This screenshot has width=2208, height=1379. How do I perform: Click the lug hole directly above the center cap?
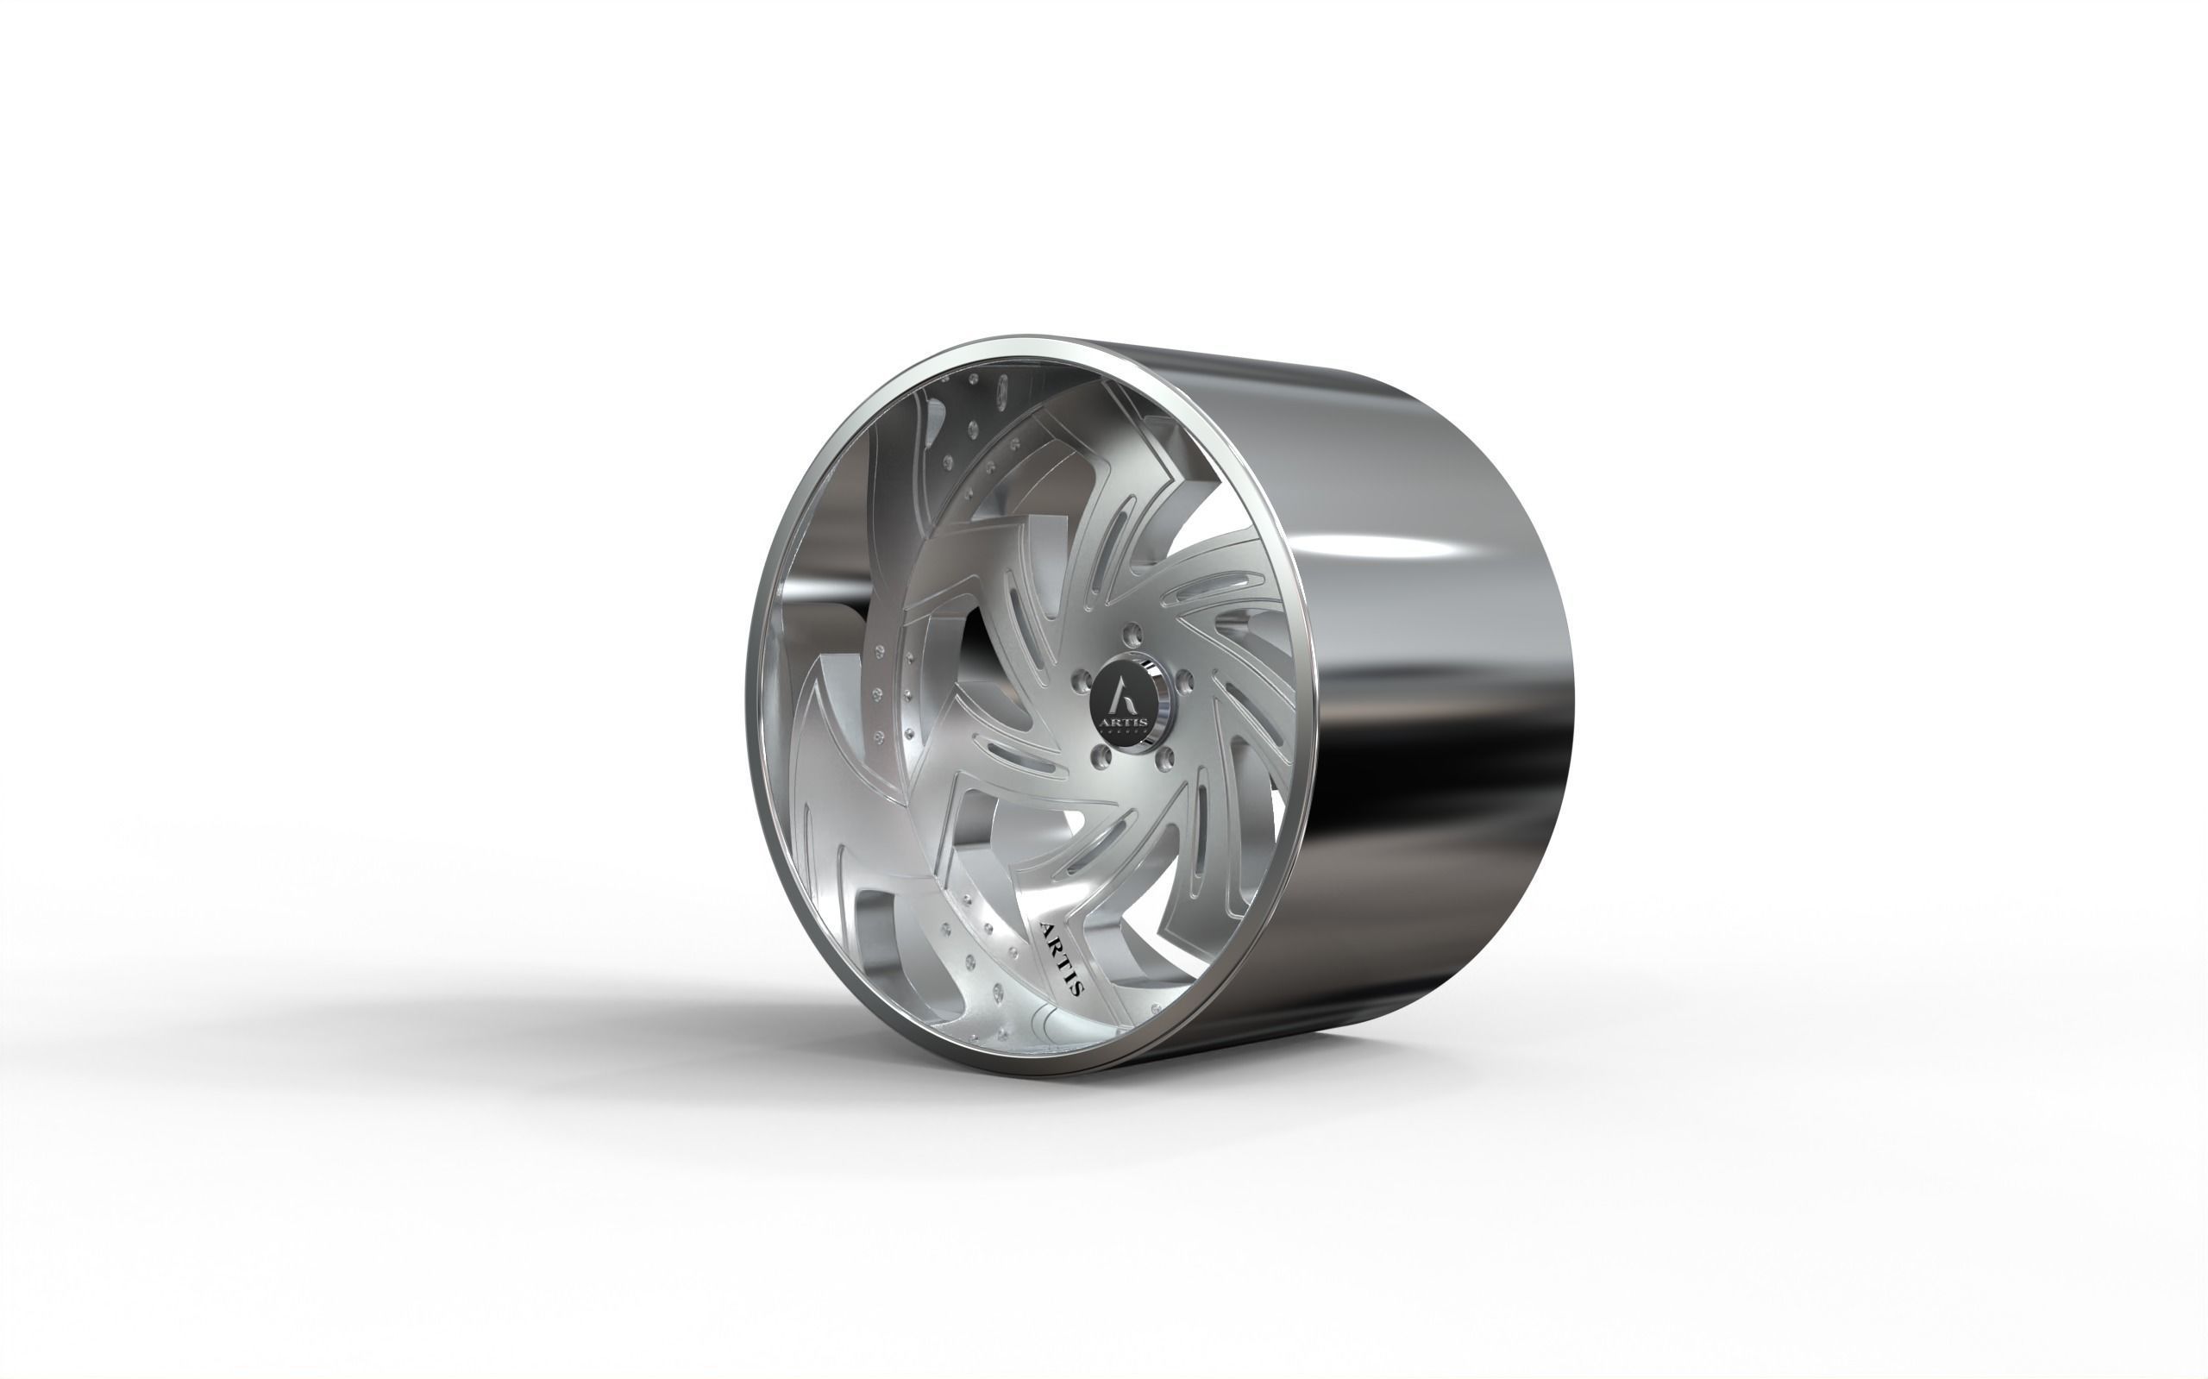[1132, 632]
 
